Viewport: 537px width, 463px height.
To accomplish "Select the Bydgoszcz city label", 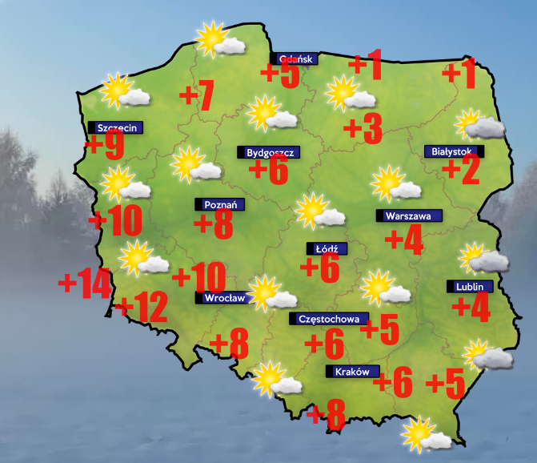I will pos(268,151).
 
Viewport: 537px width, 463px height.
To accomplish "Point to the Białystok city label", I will pos(453,151).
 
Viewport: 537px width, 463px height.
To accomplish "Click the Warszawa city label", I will pos(408,215).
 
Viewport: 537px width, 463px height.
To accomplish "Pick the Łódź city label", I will pos(326,249).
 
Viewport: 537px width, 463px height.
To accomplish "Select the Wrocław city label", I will pos(223,298).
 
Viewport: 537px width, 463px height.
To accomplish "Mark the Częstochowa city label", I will pos(329,319).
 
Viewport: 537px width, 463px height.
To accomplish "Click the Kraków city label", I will pos(351,372).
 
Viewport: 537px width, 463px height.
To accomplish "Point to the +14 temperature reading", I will pos(84,284).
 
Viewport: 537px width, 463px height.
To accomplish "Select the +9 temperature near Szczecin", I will pos(105,145).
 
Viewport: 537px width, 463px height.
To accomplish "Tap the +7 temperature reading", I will pos(197,96).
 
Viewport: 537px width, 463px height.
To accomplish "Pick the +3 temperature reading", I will pos(363,127).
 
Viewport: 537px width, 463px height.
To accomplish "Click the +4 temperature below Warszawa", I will pos(404,240).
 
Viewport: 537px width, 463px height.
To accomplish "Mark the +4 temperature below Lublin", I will pos(471,307).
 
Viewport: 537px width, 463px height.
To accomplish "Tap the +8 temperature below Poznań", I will pos(214,225).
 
